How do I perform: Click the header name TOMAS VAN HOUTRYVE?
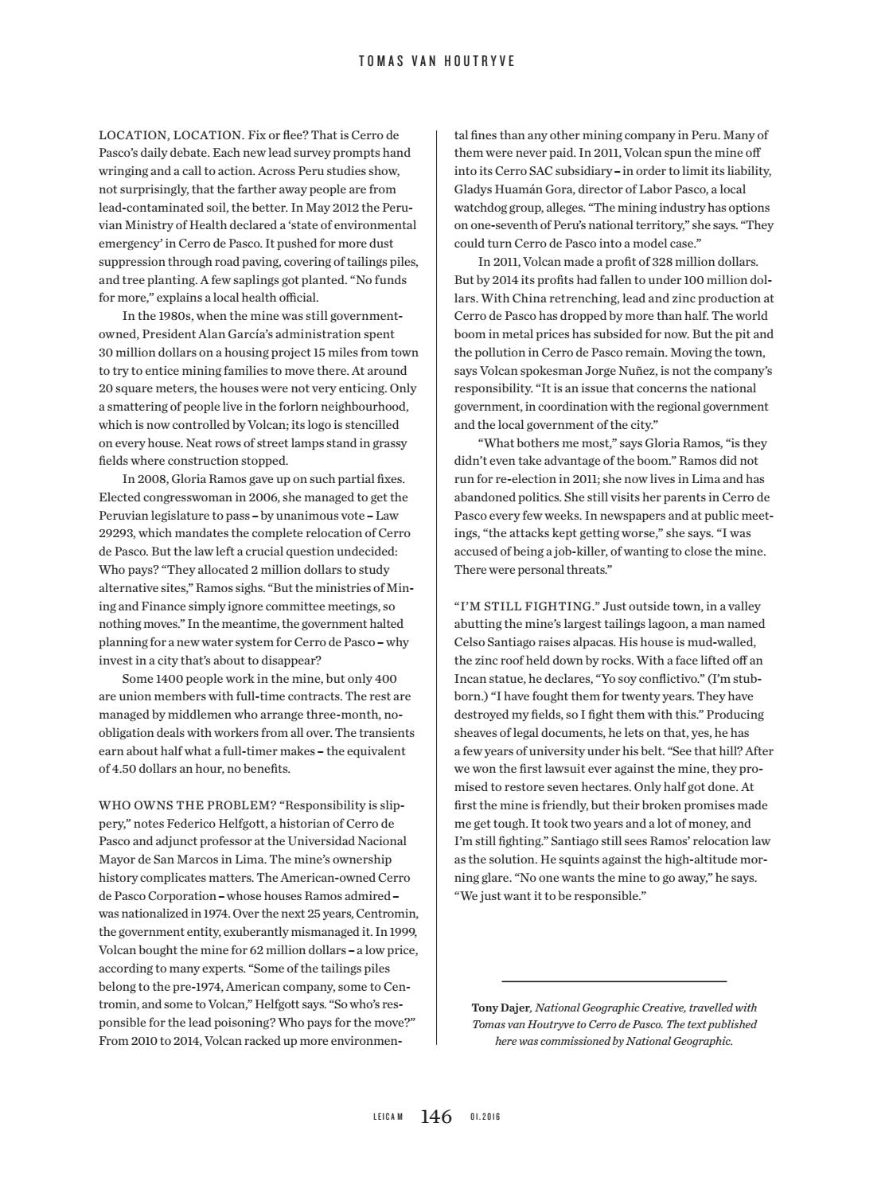point(436,61)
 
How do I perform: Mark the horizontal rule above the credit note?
point(614,981)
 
